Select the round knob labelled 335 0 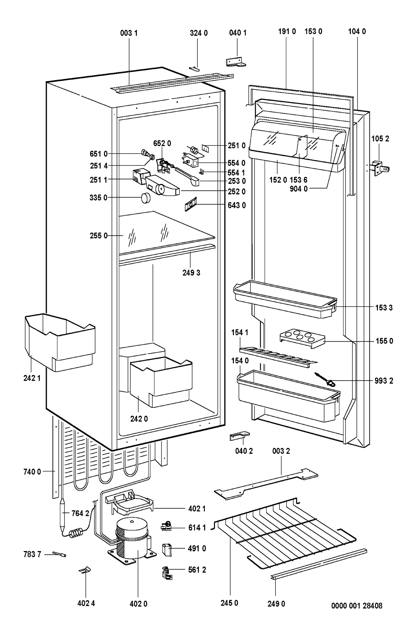145,198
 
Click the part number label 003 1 129,33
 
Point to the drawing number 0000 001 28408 357,606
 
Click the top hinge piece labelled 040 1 236,62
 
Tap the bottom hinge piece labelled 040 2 240,436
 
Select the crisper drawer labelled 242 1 60,342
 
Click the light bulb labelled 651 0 145,152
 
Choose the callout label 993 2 384,381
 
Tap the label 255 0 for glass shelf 98,236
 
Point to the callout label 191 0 287,31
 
